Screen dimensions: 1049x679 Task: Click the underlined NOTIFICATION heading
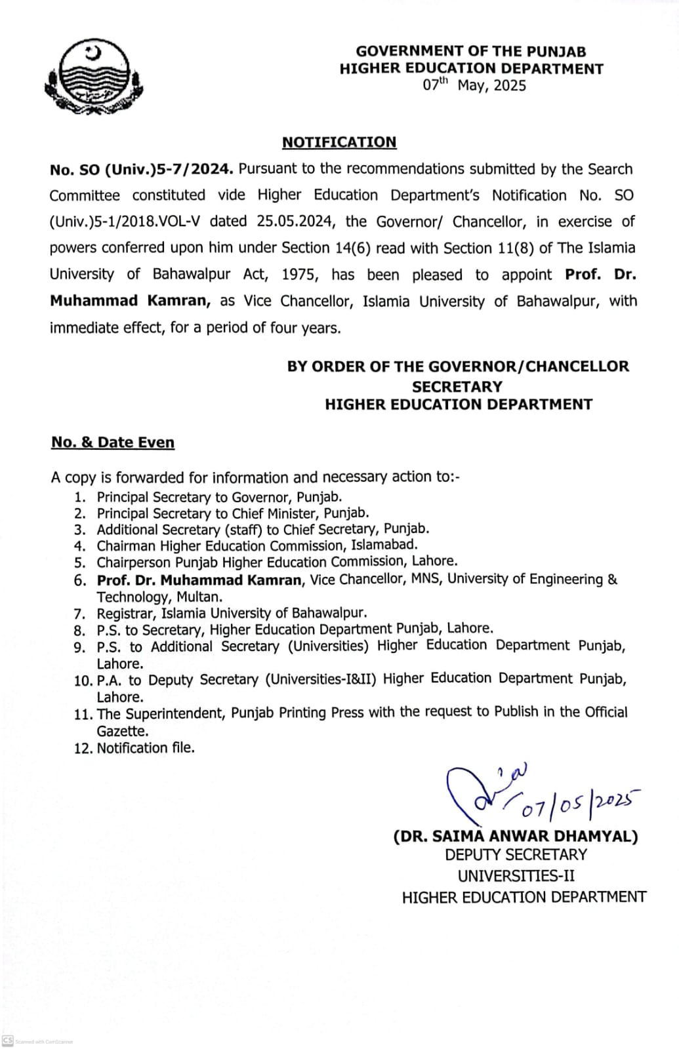tap(339, 142)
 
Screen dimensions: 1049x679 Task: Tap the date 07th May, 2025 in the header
tap(474, 85)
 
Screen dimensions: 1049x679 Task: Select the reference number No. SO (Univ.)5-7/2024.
tap(140, 169)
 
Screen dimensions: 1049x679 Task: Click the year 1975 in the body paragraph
tap(299, 274)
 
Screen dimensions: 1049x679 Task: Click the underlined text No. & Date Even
tap(113, 443)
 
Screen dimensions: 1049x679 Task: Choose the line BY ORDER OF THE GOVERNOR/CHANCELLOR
tap(458, 366)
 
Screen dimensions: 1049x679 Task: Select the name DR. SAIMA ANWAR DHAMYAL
tap(516, 837)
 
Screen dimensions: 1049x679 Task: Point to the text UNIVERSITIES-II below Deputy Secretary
tap(516, 876)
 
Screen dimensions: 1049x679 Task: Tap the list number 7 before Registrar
tap(79, 614)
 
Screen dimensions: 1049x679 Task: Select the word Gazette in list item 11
tap(122, 731)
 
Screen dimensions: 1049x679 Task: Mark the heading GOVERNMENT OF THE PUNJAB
tap(471, 51)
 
